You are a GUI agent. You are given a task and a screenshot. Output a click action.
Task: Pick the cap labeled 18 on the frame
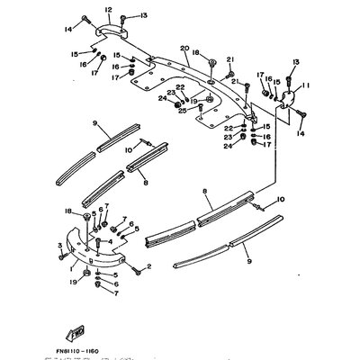(210, 63)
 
